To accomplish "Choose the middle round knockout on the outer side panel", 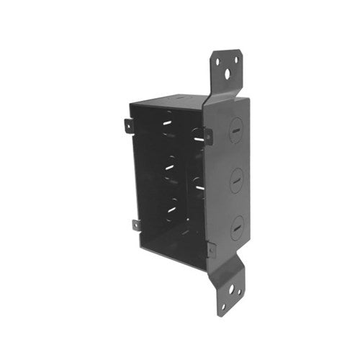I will (x=236, y=180).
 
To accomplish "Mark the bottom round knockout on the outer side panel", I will (x=236, y=228).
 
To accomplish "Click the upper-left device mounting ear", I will (x=127, y=126).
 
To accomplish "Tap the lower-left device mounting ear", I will (x=136, y=225).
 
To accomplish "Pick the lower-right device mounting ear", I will (x=210, y=250).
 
